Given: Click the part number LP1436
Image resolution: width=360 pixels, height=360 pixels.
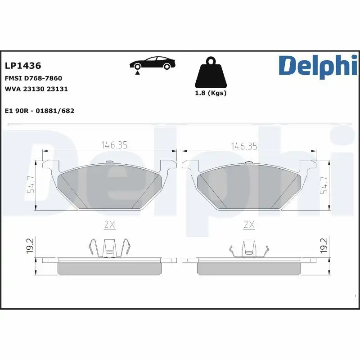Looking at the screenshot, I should coord(23,66).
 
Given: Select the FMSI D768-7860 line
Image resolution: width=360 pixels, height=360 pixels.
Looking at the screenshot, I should coord(33,78).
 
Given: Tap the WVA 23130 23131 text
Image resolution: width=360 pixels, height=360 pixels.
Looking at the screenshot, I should coord(36,89).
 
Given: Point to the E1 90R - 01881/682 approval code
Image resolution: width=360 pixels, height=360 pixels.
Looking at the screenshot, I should coord(40,110).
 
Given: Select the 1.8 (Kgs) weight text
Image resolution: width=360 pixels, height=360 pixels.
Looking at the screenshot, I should coord(210,93).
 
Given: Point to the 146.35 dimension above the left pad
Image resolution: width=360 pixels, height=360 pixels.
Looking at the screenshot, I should coord(114,145).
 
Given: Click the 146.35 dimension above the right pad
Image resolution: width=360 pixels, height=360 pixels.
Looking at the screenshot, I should coord(244,145).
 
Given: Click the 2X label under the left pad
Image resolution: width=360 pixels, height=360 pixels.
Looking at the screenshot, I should coord(110,224).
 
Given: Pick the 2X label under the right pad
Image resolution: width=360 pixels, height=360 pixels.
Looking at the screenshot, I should coord(249,224).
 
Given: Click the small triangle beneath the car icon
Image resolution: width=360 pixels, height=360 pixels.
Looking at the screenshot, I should coord(137,72).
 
